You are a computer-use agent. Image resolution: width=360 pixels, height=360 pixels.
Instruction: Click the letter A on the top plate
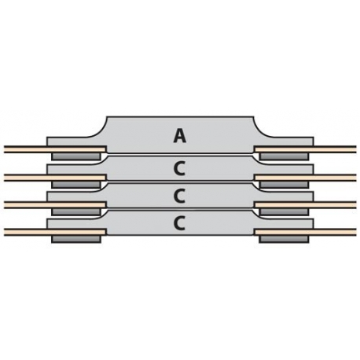click(180, 137)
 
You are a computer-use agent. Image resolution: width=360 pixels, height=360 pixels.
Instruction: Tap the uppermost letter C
click(179, 169)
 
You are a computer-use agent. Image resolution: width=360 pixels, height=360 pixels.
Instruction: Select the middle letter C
click(179, 197)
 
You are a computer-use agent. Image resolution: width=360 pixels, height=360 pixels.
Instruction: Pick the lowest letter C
click(179, 223)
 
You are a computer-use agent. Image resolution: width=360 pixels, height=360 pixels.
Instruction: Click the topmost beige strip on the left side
click(55, 149)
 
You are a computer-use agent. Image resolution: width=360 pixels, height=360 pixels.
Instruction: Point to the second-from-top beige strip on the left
click(55, 178)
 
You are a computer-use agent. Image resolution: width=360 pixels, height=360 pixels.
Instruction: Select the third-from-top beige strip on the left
click(55, 204)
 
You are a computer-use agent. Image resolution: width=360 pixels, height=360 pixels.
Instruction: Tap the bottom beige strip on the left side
click(55, 232)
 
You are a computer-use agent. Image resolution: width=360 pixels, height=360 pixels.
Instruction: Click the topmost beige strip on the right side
click(305, 149)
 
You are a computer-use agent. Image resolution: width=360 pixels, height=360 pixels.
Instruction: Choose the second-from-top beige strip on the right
click(305, 178)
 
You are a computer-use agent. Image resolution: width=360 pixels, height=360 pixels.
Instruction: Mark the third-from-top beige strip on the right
click(305, 204)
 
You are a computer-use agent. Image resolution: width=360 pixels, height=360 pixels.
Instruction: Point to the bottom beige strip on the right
click(305, 232)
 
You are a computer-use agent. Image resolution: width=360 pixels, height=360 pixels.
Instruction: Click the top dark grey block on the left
click(76, 156)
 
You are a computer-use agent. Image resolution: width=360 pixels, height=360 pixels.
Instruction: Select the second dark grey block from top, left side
click(76, 185)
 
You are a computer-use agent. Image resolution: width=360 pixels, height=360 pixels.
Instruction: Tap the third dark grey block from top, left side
click(76, 211)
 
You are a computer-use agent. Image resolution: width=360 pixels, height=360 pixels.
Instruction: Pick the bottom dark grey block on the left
click(76, 239)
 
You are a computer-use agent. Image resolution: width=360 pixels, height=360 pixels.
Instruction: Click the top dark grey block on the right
click(284, 156)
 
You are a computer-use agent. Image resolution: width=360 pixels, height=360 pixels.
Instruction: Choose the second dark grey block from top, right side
click(284, 185)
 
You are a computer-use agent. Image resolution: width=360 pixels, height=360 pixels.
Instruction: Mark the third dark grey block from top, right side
click(284, 211)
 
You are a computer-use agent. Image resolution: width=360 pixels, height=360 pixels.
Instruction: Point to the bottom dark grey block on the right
click(284, 239)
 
